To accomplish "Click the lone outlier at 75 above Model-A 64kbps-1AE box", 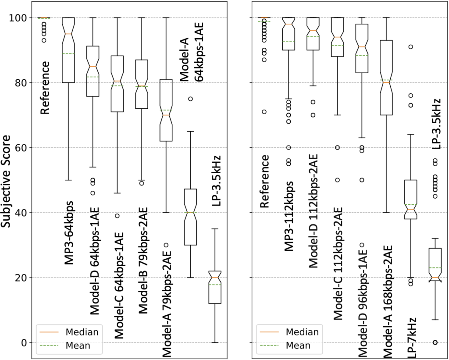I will [191, 99].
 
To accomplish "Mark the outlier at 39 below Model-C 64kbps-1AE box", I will [117, 216].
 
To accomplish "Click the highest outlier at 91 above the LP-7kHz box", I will [410, 47].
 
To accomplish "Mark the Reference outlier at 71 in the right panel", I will [264, 112].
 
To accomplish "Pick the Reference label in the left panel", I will [45, 88].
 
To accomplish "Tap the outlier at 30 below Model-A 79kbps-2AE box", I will [167, 245].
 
